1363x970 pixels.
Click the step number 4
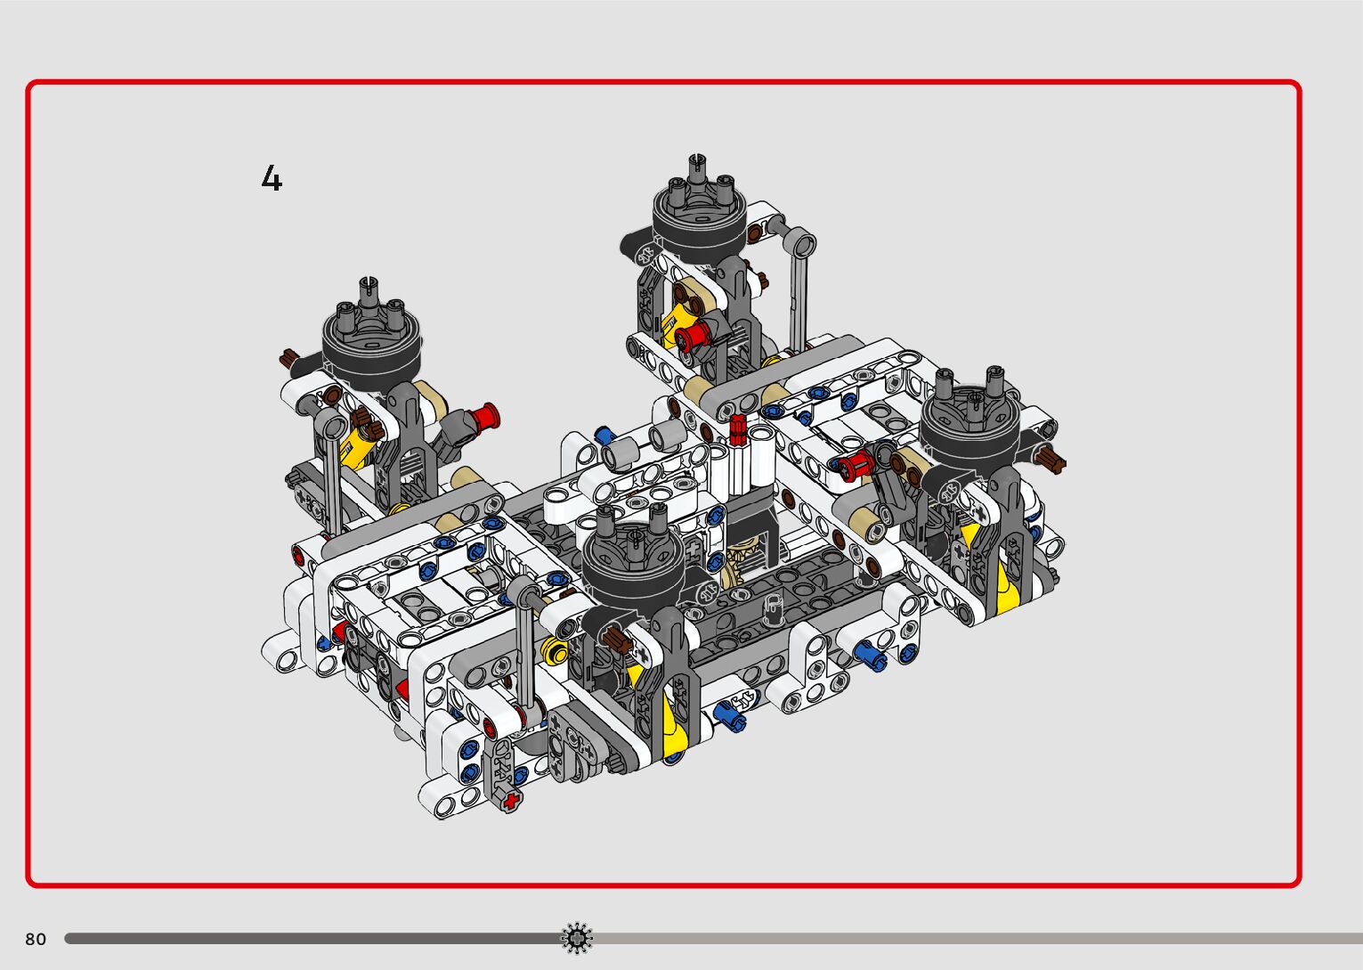pyautogui.click(x=272, y=178)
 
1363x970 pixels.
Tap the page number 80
pyautogui.click(x=36, y=939)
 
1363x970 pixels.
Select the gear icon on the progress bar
pyautogui.click(x=576, y=938)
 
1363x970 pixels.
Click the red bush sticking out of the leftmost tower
pyautogui.click(x=484, y=417)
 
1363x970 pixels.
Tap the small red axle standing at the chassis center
pyautogui.click(x=737, y=428)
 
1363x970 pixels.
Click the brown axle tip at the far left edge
pyautogui.click(x=288, y=359)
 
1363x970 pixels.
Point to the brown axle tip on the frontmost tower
pyautogui.click(x=615, y=639)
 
